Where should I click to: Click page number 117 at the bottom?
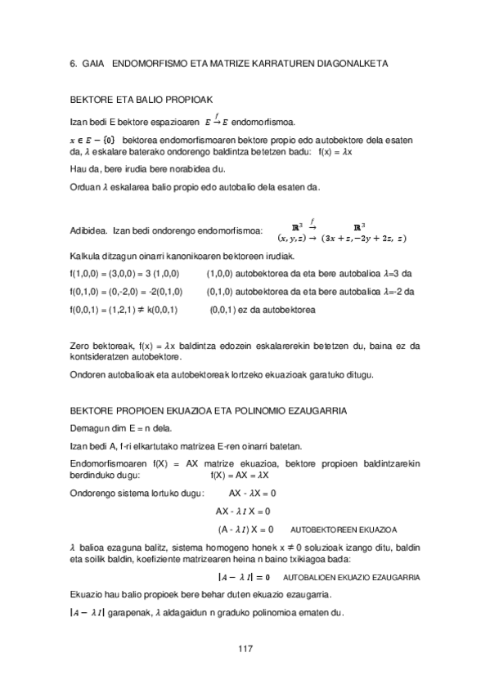click(245, 648)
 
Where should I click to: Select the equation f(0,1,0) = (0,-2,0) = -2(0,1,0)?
click(127, 292)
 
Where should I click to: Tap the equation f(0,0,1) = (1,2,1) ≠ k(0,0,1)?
click(126, 310)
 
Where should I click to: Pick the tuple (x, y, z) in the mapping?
click(292, 239)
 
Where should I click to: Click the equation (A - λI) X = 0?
click(245, 529)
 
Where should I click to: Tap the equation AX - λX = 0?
click(253, 494)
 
